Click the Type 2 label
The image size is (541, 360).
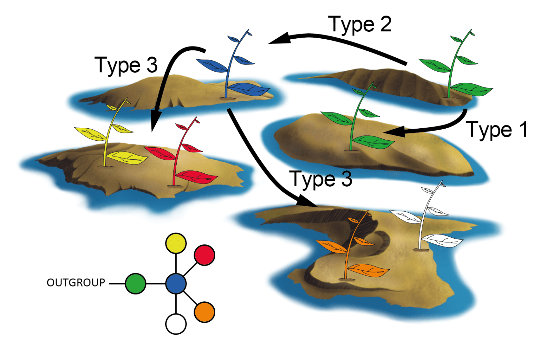(360, 25)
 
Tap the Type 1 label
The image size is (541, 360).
(496, 130)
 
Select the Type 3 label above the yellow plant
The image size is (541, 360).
(126, 65)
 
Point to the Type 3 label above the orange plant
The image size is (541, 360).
(321, 179)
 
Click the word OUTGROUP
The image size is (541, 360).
(76, 283)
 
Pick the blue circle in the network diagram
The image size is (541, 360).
(176, 283)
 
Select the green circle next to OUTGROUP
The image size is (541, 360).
(136, 283)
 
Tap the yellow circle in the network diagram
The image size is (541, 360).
(176, 243)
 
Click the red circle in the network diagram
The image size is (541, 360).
(205, 255)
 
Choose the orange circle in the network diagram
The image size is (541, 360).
(205, 312)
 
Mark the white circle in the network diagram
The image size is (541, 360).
(176, 324)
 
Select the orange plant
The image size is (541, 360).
(350, 248)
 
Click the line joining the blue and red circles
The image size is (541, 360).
(190, 269)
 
